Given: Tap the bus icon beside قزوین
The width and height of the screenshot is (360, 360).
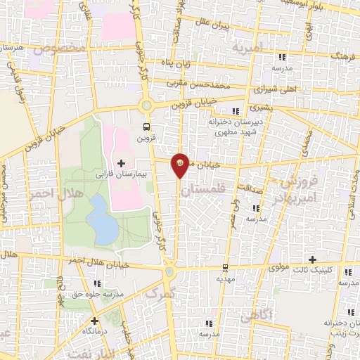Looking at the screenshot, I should coord(146,127).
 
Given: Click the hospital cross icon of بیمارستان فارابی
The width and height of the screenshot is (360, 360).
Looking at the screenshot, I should coord(122,162).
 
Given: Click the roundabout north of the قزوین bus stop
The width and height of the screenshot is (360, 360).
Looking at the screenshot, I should coord(147,106).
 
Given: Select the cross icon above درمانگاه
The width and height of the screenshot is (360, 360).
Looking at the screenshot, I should coord(94,321).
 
